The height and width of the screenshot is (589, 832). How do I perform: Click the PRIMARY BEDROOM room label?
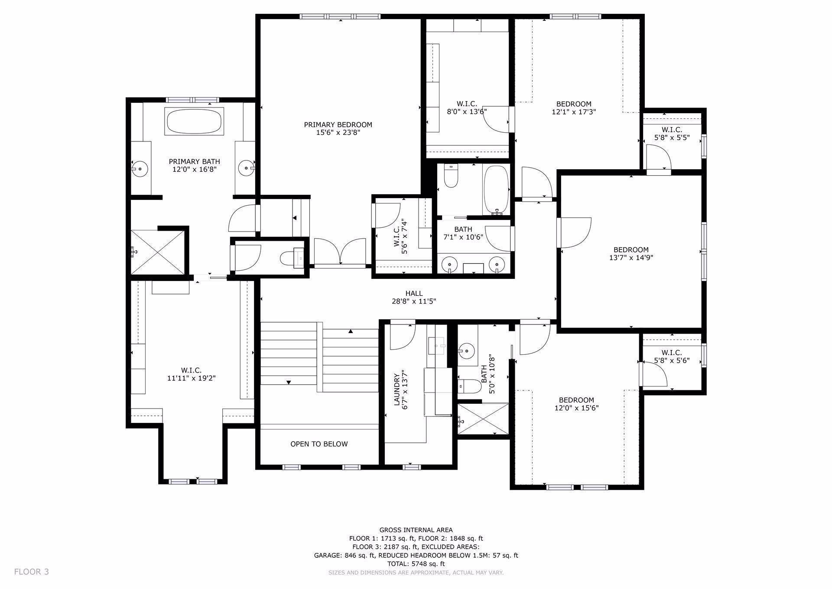click(x=338, y=125)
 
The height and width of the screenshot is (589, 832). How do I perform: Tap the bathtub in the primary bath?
click(x=194, y=121)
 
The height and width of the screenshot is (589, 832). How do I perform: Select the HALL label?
click(x=414, y=294)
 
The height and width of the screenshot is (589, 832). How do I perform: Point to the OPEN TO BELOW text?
click(x=319, y=444)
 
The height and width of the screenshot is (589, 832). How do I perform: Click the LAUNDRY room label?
click(x=396, y=389)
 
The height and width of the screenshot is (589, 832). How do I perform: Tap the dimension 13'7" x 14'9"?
click(x=631, y=258)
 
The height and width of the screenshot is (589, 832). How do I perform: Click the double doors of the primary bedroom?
click(x=341, y=252)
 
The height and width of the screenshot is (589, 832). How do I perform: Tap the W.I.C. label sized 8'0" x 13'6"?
click(x=467, y=104)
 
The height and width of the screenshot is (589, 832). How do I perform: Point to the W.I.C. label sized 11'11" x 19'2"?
click(x=191, y=370)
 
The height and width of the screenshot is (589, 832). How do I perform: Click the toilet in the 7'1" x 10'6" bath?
click(x=451, y=177)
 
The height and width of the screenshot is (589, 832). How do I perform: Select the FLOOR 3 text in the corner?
click(x=32, y=572)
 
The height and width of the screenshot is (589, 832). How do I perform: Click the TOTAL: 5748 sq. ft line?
click(x=416, y=564)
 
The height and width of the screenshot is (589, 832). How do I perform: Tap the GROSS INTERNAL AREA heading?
click(x=416, y=530)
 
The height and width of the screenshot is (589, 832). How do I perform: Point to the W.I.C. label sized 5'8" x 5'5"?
click(x=672, y=130)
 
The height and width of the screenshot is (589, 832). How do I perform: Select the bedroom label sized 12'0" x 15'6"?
click(x=576, y=400)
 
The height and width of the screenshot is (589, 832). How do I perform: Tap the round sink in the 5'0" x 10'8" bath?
click(x=467, y=349)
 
